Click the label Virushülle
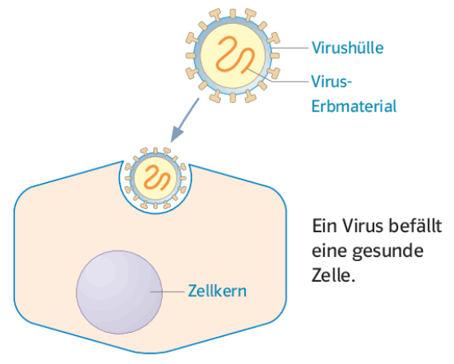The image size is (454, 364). (x=347, y=47)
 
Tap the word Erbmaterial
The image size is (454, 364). (x=353, y=106)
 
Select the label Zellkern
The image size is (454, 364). (x=217, y=291)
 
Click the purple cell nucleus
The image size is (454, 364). (x=119, y=292)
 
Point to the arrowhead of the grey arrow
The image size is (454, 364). (x=176, y=134)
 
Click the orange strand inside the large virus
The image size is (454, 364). (x=235, y=54)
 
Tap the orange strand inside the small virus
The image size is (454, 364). (x=156, y=177)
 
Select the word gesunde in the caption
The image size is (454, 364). (x=388, y=251)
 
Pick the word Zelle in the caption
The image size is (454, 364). (x=330, y=275)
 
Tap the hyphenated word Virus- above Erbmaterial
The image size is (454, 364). (x=332, y=81)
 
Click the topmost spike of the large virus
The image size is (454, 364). (x=232, y=14)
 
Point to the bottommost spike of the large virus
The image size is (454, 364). (x=232, y=97)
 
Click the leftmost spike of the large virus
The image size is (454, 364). (x=191, y=55)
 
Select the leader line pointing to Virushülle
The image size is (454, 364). (x=290, y=48)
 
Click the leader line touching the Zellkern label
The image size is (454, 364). (x=168, y=291)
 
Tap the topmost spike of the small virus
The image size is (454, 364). (x=156, y=151)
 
